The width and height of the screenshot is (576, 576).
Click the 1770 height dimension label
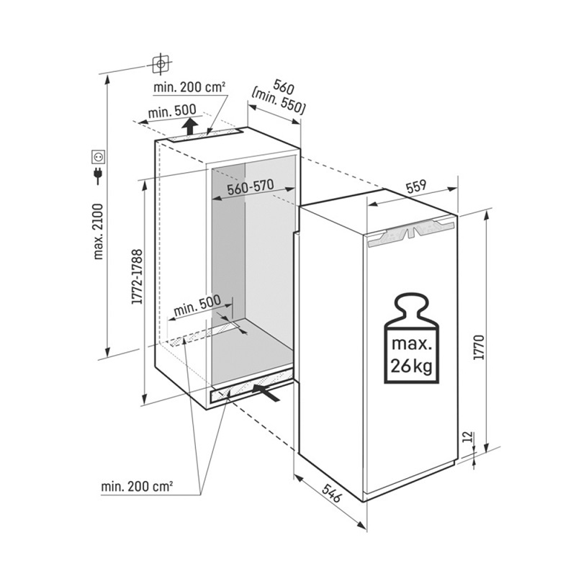click(x=480, y=347)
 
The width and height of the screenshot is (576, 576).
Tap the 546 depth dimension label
click(x=332, y=492)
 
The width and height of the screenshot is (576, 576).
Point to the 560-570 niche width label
click(x=251, y=187)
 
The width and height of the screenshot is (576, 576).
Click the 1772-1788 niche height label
click(x=137, y=276)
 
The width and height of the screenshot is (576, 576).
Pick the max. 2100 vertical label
click(x=99, y=231)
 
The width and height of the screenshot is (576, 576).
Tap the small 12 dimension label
click(x=467, y=436)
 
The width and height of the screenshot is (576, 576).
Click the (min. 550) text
click(x=279, y=101)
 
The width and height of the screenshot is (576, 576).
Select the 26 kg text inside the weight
click(x=411, y=366)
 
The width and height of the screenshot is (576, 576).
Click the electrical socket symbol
click(x=99, y=156)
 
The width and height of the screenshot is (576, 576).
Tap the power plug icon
click(x=98, y=175)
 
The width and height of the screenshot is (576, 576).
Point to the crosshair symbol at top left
click(x=161, y=64)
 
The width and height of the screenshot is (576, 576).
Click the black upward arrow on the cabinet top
click(x=190, y=127)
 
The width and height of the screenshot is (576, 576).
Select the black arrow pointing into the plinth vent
click(x=266, y=392)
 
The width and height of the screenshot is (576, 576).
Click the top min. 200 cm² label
click(x=189, y=87)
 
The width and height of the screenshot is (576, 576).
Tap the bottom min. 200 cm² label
click(x=137, y=487)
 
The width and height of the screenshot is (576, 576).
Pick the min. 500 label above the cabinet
click(x=172, y=112)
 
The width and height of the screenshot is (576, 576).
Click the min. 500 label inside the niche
click(x=197, y=305)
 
